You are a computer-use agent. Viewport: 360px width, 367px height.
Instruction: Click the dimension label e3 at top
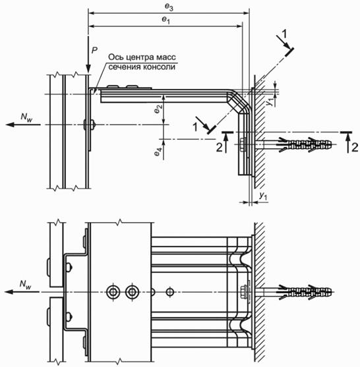(169, 7)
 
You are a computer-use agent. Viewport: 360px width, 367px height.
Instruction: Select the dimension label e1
(166, 20)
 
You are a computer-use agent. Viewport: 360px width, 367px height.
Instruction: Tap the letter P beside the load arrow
(94, 50)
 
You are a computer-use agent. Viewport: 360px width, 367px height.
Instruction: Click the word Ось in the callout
(115, 57)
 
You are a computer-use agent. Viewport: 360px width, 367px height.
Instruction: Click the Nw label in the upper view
(26, 117)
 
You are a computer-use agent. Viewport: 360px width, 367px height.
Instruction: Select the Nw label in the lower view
(26, 284)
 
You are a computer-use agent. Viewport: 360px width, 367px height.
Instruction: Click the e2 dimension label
(158, 109)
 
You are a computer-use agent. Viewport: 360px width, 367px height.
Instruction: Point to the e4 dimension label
(158, 152)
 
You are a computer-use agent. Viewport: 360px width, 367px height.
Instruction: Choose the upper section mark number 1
(284, 34)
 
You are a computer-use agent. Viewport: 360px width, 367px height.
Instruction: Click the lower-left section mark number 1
(195, 127)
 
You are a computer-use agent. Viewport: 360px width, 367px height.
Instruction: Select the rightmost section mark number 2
(355, 148)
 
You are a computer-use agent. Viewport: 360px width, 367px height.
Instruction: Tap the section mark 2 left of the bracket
(220, 148)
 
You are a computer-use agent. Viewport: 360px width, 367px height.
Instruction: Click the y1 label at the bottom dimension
(263, 196)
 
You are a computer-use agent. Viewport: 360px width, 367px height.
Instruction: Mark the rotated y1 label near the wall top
(270, 102)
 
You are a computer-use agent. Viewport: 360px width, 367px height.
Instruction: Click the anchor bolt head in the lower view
(244, 292)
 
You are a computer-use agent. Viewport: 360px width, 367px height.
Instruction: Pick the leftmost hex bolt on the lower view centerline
(113, 292)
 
